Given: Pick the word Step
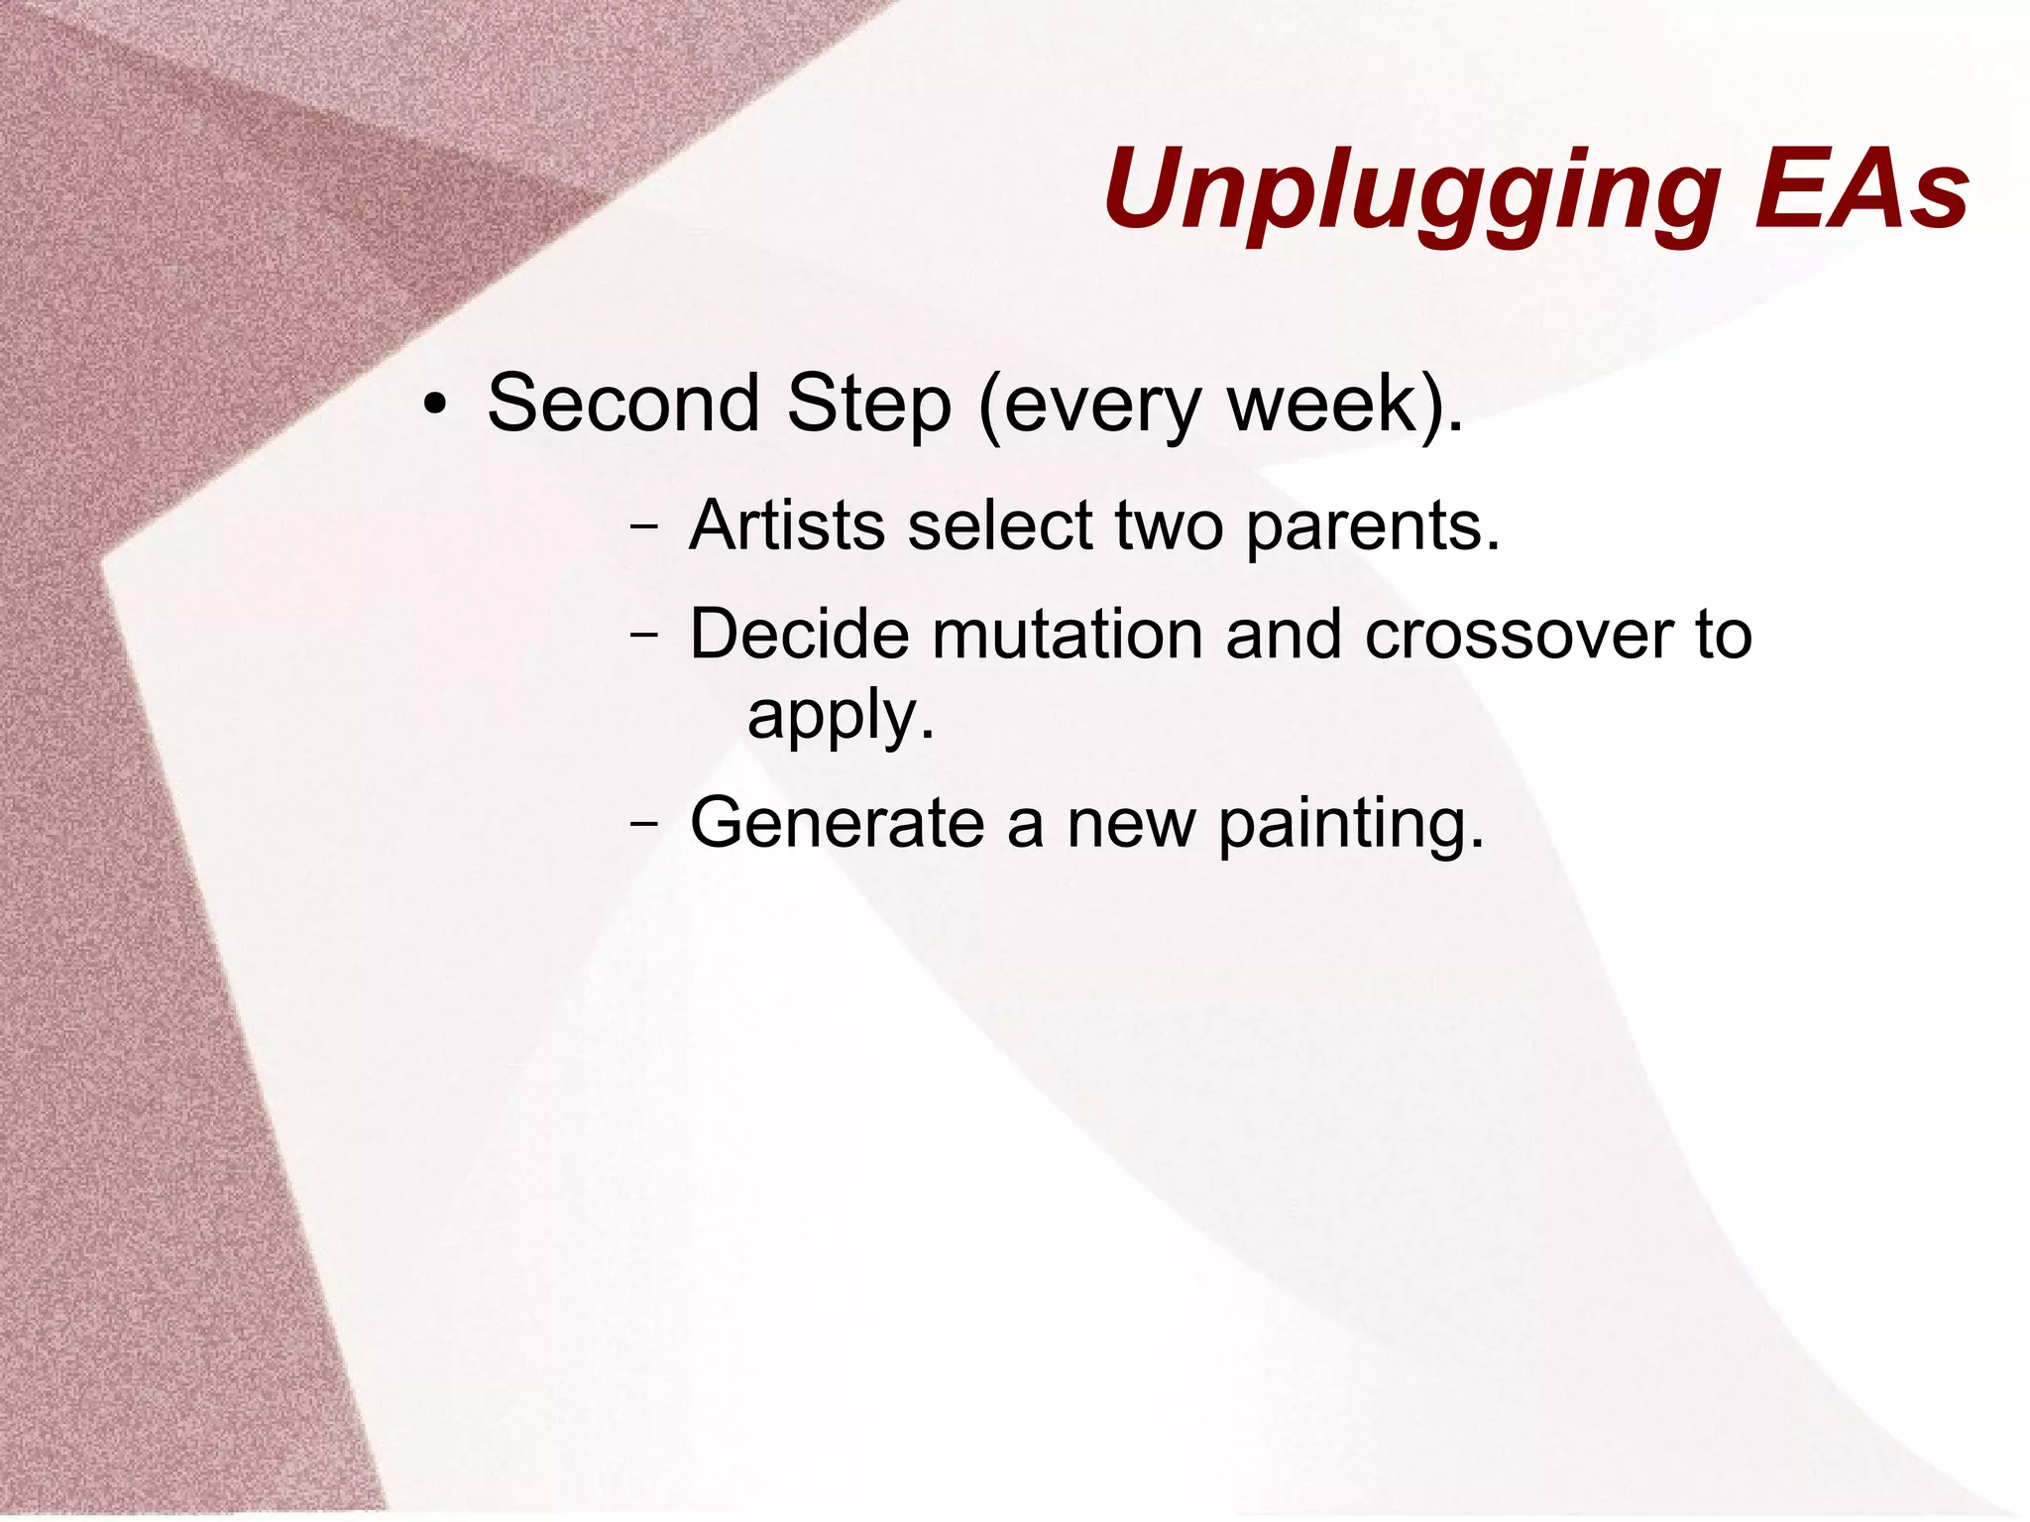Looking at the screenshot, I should pos(869,406).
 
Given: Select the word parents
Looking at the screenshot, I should pos(1372,527).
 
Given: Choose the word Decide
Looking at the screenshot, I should pos(799,634).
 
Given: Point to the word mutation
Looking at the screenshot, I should pos(1067,634).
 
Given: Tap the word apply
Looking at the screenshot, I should pos(840,716).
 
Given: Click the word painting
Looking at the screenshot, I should pos(1350,824).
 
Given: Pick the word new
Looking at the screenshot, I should pos(1131,824).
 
